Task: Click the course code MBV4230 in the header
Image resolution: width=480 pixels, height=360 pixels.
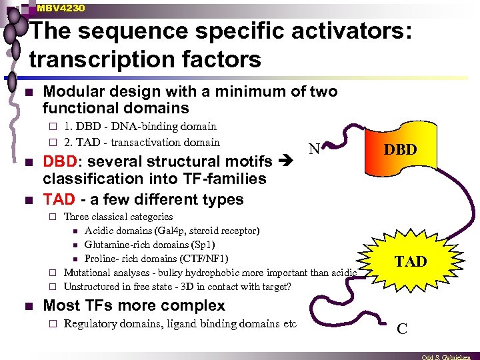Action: [x=61, y=7]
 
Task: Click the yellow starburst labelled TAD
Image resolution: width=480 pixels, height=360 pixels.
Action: [x=410, y=261]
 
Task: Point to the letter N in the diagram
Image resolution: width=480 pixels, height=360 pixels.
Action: [x=313, y=151]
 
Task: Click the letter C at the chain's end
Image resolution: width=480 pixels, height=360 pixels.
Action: [x=402, y=329]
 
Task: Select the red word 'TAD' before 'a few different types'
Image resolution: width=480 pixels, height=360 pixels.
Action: [x=58, y=199]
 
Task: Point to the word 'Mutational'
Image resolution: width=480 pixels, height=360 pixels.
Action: [x=89, y=273]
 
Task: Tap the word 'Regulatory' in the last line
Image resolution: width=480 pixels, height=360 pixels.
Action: [x=89, y=324]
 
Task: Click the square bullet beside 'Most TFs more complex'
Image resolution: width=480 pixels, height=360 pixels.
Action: [x=27, y=306]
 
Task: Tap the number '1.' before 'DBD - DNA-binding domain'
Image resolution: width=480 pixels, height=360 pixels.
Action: [x=69, y=126]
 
